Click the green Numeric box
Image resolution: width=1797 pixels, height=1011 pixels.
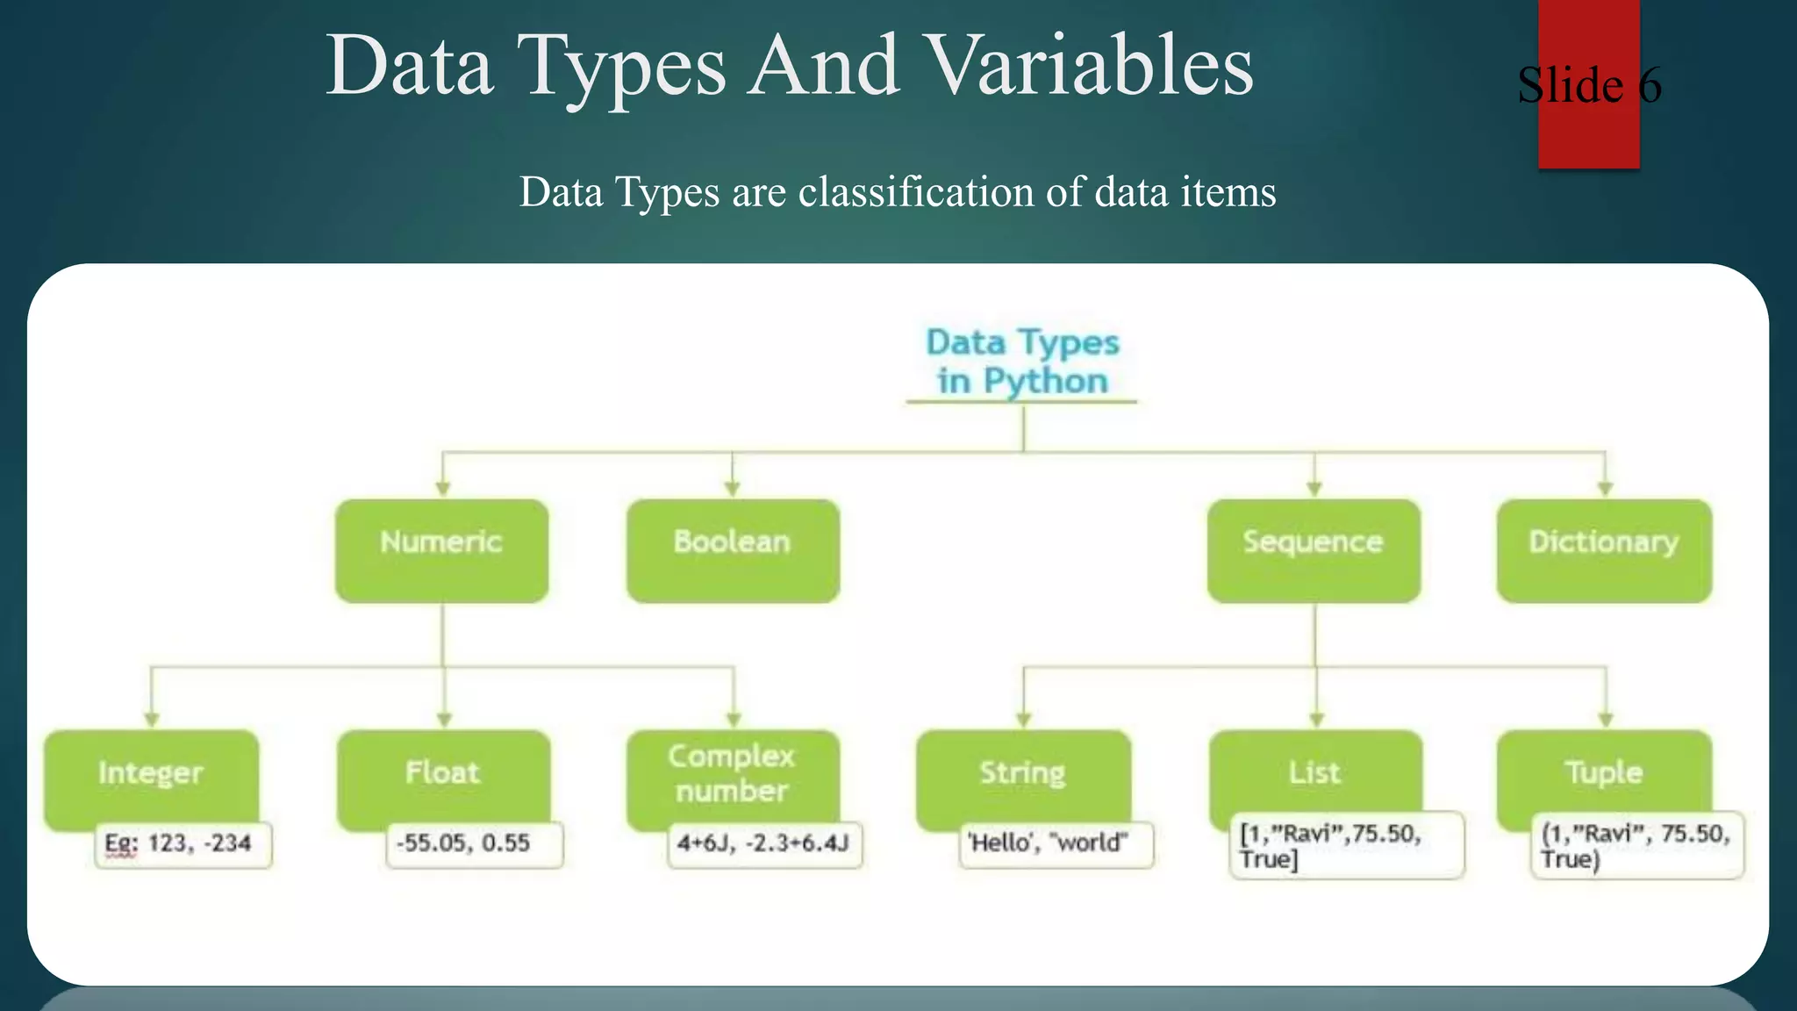[441, 550]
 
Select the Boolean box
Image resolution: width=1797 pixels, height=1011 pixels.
[733, 550]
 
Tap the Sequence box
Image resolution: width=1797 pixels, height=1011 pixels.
[1314, 550]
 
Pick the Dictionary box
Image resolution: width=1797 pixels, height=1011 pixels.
[1604, 550]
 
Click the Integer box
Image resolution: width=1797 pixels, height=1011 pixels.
[151, 774]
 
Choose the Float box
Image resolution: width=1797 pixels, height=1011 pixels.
[443, 774]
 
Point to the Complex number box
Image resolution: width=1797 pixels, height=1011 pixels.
[733, 774]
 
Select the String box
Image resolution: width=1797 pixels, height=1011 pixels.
[1023, 774]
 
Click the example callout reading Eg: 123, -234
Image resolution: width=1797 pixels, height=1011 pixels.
[183, 844]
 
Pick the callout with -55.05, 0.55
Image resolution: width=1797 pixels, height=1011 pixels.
[474, 844]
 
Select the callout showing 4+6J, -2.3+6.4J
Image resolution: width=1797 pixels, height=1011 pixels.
[764, 844]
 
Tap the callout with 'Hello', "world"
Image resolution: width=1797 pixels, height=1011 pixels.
[1056, 844]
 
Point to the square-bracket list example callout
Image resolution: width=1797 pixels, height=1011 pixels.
[1345, 845]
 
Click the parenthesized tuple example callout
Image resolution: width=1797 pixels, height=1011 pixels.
[1637, 845]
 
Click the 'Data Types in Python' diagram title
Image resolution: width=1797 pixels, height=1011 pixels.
[1022, 362]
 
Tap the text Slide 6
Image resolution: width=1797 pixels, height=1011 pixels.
[1589, 85]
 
